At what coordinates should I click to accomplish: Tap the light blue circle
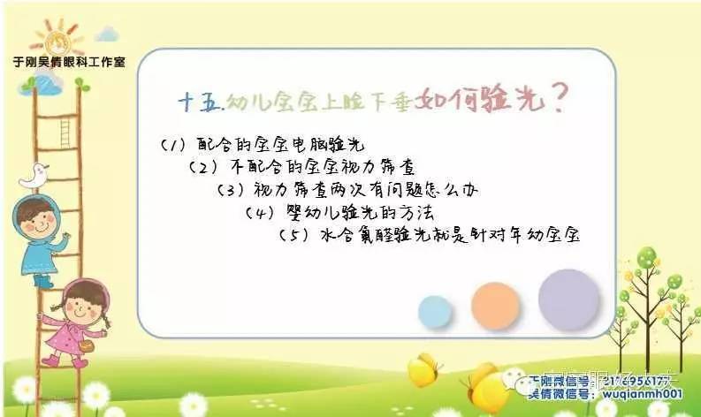coord(435,311)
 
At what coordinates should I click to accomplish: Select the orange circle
coord(495,305)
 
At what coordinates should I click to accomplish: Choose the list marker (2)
coord(202,167)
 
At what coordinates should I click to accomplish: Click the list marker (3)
coord(230,189)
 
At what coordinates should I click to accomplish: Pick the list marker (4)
coord(258,212)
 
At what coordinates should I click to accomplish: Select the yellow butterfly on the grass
coord(423,369)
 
